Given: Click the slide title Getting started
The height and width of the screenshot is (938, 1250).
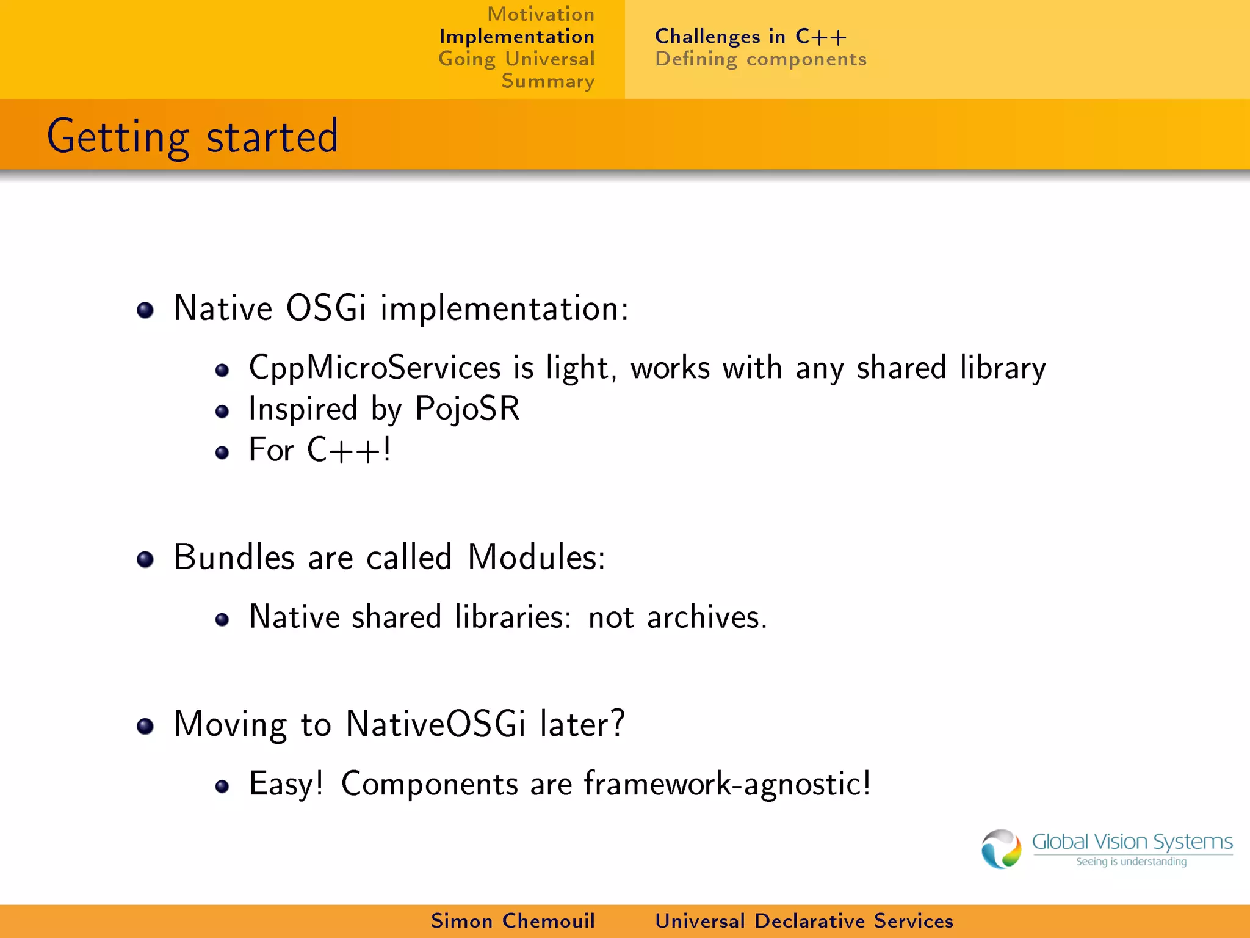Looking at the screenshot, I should tap(192, 136).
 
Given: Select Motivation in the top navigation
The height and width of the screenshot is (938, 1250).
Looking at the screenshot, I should tap(541, 14).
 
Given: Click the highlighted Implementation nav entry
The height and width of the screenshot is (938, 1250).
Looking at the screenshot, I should tap(516, 37).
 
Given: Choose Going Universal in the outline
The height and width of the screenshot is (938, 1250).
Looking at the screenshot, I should tap(516, 59).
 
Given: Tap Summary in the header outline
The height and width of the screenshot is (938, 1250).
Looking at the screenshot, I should tap(547, 81).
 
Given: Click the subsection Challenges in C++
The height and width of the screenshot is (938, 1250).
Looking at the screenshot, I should tap(751, 37).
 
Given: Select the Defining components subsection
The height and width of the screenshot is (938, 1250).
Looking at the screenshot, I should tap(760, 59).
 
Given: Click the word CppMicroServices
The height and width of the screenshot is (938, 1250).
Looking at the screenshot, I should tap(375, 368).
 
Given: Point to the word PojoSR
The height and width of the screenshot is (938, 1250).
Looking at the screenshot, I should tap(467, 409).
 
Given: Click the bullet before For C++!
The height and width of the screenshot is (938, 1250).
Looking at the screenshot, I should tap(222, 453).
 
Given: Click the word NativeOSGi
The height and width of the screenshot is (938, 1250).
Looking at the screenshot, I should tap(435, 724).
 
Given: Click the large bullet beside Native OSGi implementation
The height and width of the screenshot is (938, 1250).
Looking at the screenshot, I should tap(145, 310).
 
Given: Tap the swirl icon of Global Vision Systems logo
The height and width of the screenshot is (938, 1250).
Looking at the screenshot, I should tap(1001, 849).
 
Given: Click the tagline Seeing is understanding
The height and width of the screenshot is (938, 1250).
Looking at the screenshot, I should tap(1131, 862).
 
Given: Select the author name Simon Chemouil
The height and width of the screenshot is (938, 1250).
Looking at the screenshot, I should tap(513, 921).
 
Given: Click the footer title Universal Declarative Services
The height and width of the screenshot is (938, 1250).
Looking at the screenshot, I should tap(804, 921).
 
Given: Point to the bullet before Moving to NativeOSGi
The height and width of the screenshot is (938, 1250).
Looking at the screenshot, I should tap(145, 727).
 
